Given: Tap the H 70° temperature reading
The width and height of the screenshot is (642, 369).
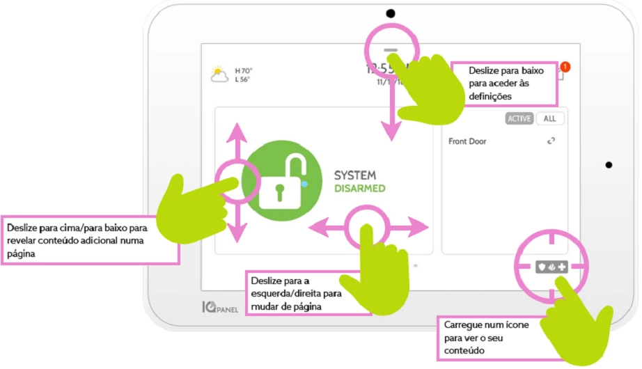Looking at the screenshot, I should point(244,70).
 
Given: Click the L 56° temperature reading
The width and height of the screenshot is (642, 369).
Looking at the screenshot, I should point(243,79).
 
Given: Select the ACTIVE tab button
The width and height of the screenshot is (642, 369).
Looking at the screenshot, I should point(519,118).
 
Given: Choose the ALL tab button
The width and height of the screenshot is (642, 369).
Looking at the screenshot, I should point(549,118).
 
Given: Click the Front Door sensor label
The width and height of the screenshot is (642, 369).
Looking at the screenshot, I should point(467,141).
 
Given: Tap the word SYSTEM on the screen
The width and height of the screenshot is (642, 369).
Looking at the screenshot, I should point(355,175).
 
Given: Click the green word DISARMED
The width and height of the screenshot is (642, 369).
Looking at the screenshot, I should point(359,189).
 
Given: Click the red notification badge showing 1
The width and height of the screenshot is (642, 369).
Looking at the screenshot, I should point(565,67).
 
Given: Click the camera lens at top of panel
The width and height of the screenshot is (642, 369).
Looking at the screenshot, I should point(391,13).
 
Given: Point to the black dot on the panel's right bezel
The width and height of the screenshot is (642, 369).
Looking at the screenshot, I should point(609,165).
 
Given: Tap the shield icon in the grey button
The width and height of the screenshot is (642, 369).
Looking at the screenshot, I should point(540,266).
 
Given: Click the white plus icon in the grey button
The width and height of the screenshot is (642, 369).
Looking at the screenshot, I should point(562,266).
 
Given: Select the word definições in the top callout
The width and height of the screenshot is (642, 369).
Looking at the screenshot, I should point(490,96).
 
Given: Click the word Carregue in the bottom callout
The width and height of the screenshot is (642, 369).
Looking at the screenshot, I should point(460,327).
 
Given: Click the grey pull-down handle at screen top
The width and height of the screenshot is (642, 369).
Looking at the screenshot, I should point(391,51).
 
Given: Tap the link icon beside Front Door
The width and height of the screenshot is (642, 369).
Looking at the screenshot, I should point(551,141).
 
